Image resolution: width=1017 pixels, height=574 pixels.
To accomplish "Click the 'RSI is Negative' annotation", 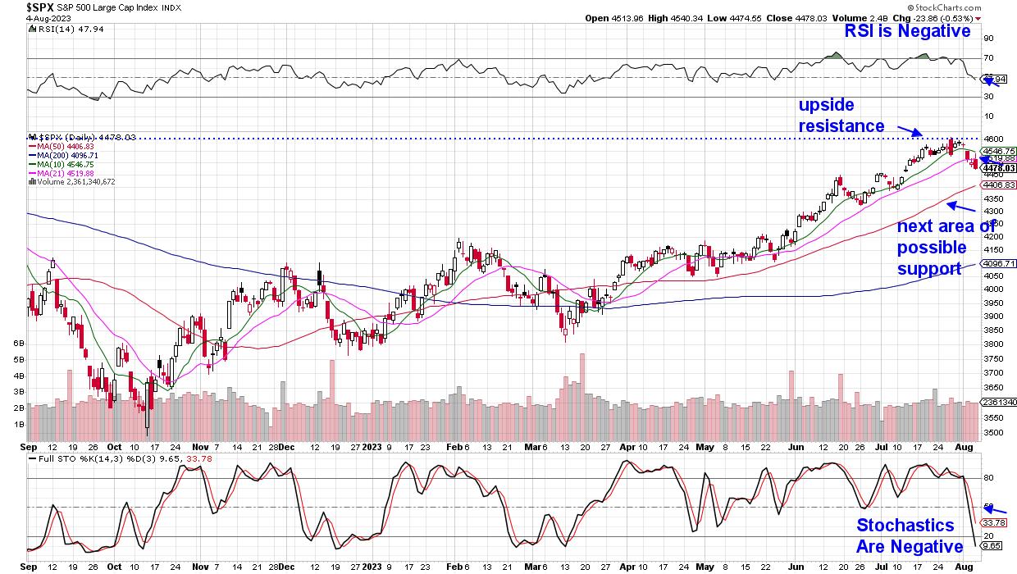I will pyautogui.click(x=907, y=32).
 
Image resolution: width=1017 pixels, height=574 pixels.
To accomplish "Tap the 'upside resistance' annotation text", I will pyautogui.click(x=841, y=116).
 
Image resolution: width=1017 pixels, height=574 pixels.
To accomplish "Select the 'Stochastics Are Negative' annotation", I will pyautogui.click(x=910, y=535).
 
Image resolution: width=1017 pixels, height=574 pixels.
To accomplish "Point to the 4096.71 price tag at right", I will pyautogui.click(x=1000, y=264).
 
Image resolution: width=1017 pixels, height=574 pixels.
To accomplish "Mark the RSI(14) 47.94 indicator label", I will pyautogui.click(x=62, y=30).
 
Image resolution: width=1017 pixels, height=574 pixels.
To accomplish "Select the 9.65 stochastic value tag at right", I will pyautogui.click(x=993, y=544).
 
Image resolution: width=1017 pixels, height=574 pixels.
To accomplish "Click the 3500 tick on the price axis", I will pyautogui.click(x=995, y=433).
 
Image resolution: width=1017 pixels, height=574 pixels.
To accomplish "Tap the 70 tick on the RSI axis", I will pyautogui.click(x=988, y=58).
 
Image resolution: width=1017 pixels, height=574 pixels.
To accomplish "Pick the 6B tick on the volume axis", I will pyautogui.click(x=17, y=345).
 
